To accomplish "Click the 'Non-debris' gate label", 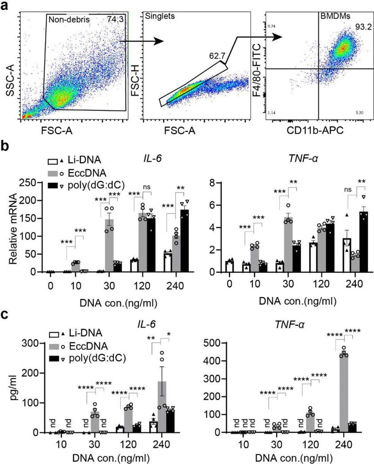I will tap(67, 19).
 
